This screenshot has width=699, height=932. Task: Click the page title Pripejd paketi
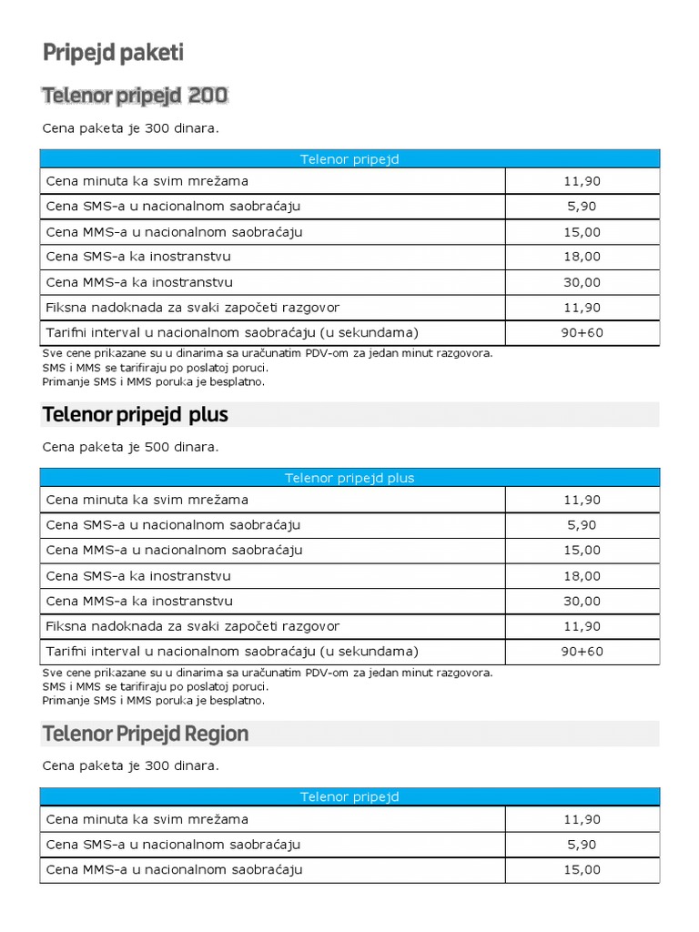click(x=113, y=54)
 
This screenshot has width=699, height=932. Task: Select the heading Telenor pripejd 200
click(x=135, y=96)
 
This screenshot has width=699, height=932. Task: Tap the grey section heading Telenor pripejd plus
click(x=135, y=415)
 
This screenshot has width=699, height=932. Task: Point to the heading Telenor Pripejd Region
click(x=146, y=734)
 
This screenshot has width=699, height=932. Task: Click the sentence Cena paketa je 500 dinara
click(x=130, y=447)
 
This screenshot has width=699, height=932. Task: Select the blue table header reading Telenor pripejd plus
click(x=349, y=478)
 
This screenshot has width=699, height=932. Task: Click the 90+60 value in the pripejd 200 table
click(x=582, y=332)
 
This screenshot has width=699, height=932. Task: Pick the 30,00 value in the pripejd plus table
click(x=582, y=601)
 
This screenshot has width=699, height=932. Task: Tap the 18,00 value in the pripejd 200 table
click(x=582, y=257)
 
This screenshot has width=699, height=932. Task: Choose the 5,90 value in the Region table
click(x=582, y=845)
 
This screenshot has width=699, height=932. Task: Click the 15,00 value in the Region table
click(x=582, y=869)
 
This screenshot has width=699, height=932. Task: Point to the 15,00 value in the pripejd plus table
click(x=582, y=550)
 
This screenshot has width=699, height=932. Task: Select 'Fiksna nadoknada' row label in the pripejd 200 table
click(x=192, y=308)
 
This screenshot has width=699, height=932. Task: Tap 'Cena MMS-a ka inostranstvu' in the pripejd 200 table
click(x=139, y=282)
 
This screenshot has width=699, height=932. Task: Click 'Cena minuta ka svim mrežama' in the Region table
click(x=147, y=819)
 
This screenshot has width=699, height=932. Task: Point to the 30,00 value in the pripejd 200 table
click(x=582, y=282)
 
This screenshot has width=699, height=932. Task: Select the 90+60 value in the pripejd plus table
click(x=582, y=652)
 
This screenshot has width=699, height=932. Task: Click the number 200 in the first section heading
click(x=208, y=96)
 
